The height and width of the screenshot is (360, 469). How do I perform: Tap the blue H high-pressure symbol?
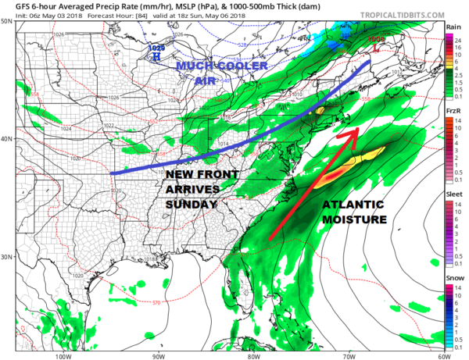[156, 56]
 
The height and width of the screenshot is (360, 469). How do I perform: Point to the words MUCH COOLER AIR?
[221, 73]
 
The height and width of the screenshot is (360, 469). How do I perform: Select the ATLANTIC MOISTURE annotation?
[353, 212]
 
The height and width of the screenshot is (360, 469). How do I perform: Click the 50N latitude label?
[6, 21]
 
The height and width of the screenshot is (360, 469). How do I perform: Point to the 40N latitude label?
[6, 138]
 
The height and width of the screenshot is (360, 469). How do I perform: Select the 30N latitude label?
[6, 257]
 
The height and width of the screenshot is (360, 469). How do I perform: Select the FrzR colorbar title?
[453, 112]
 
